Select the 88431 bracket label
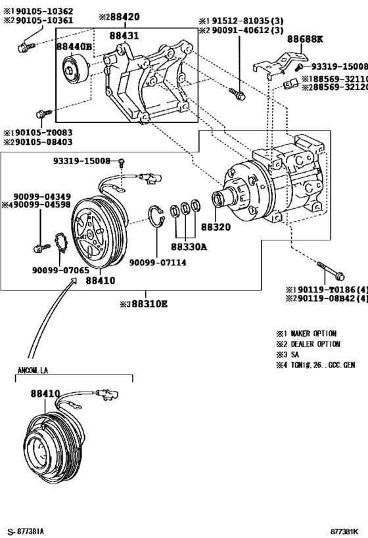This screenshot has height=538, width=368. coord(124,36)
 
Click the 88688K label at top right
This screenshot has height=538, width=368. coord(305,39)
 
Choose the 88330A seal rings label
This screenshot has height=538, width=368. coord(189,246)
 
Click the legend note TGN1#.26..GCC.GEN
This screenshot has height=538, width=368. coord(315,365)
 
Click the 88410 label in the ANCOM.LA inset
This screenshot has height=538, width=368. coord(45,393)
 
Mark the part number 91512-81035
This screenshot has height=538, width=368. coord(241,20)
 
